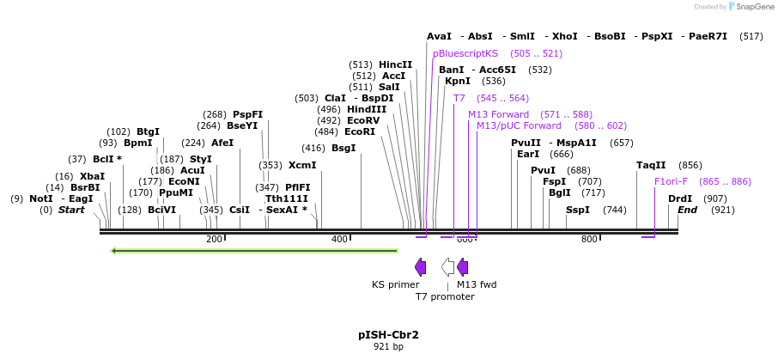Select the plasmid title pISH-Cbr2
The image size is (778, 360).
point(388,334)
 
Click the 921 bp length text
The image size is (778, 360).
point(388,346)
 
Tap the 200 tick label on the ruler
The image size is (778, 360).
point(215,239)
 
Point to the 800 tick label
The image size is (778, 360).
point(589,239)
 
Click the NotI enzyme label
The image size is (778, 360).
point(41,198)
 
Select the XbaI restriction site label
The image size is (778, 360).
point(92,176)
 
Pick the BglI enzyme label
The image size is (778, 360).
point(559,192)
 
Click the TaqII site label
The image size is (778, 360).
point(651,165)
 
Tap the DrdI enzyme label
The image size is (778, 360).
point(680,198)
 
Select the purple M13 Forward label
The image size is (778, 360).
point(498,114)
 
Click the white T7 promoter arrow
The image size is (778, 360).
point(447,266)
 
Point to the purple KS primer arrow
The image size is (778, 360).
point(420,266)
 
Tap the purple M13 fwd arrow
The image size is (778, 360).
point(462,266)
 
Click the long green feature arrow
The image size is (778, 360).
point(254,251)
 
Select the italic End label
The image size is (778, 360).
point(687,210)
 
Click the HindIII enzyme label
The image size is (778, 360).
point(366,109)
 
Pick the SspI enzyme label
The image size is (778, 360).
point(578,210)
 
